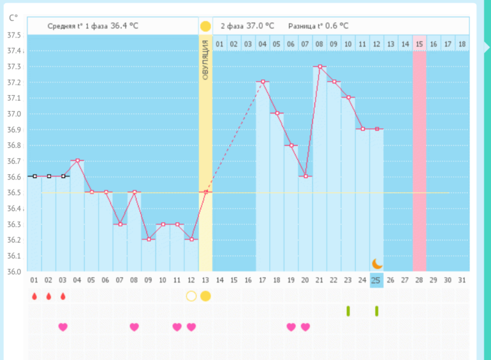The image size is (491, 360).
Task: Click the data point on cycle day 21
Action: (x=319, y=66)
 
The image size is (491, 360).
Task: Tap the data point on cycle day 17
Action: (x=262, y=81)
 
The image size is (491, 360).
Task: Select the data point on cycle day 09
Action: (x=148, y=239)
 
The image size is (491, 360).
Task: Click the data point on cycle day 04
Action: (x=77, y=160)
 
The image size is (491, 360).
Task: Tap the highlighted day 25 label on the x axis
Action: (x=376, y=280)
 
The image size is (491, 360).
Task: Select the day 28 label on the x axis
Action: (x=419, y=280)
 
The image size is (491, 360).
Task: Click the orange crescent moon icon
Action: (x=377, y=263)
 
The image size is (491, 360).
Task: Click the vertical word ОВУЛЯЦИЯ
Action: (x=205, y=59)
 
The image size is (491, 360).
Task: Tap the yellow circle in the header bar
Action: (x=205, y=26)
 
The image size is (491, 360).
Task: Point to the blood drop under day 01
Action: (x=34, y=296)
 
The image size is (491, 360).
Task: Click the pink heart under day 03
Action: (x=62, y=327)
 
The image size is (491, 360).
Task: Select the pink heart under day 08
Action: (x=134, y=327)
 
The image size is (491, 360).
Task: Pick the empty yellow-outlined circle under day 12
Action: (x=191, y=296)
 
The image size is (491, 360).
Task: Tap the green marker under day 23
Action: (x=348, y=311)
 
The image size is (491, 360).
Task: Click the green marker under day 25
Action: (x=376, y=311)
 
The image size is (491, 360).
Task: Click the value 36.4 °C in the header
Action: (x=124, y=26)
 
